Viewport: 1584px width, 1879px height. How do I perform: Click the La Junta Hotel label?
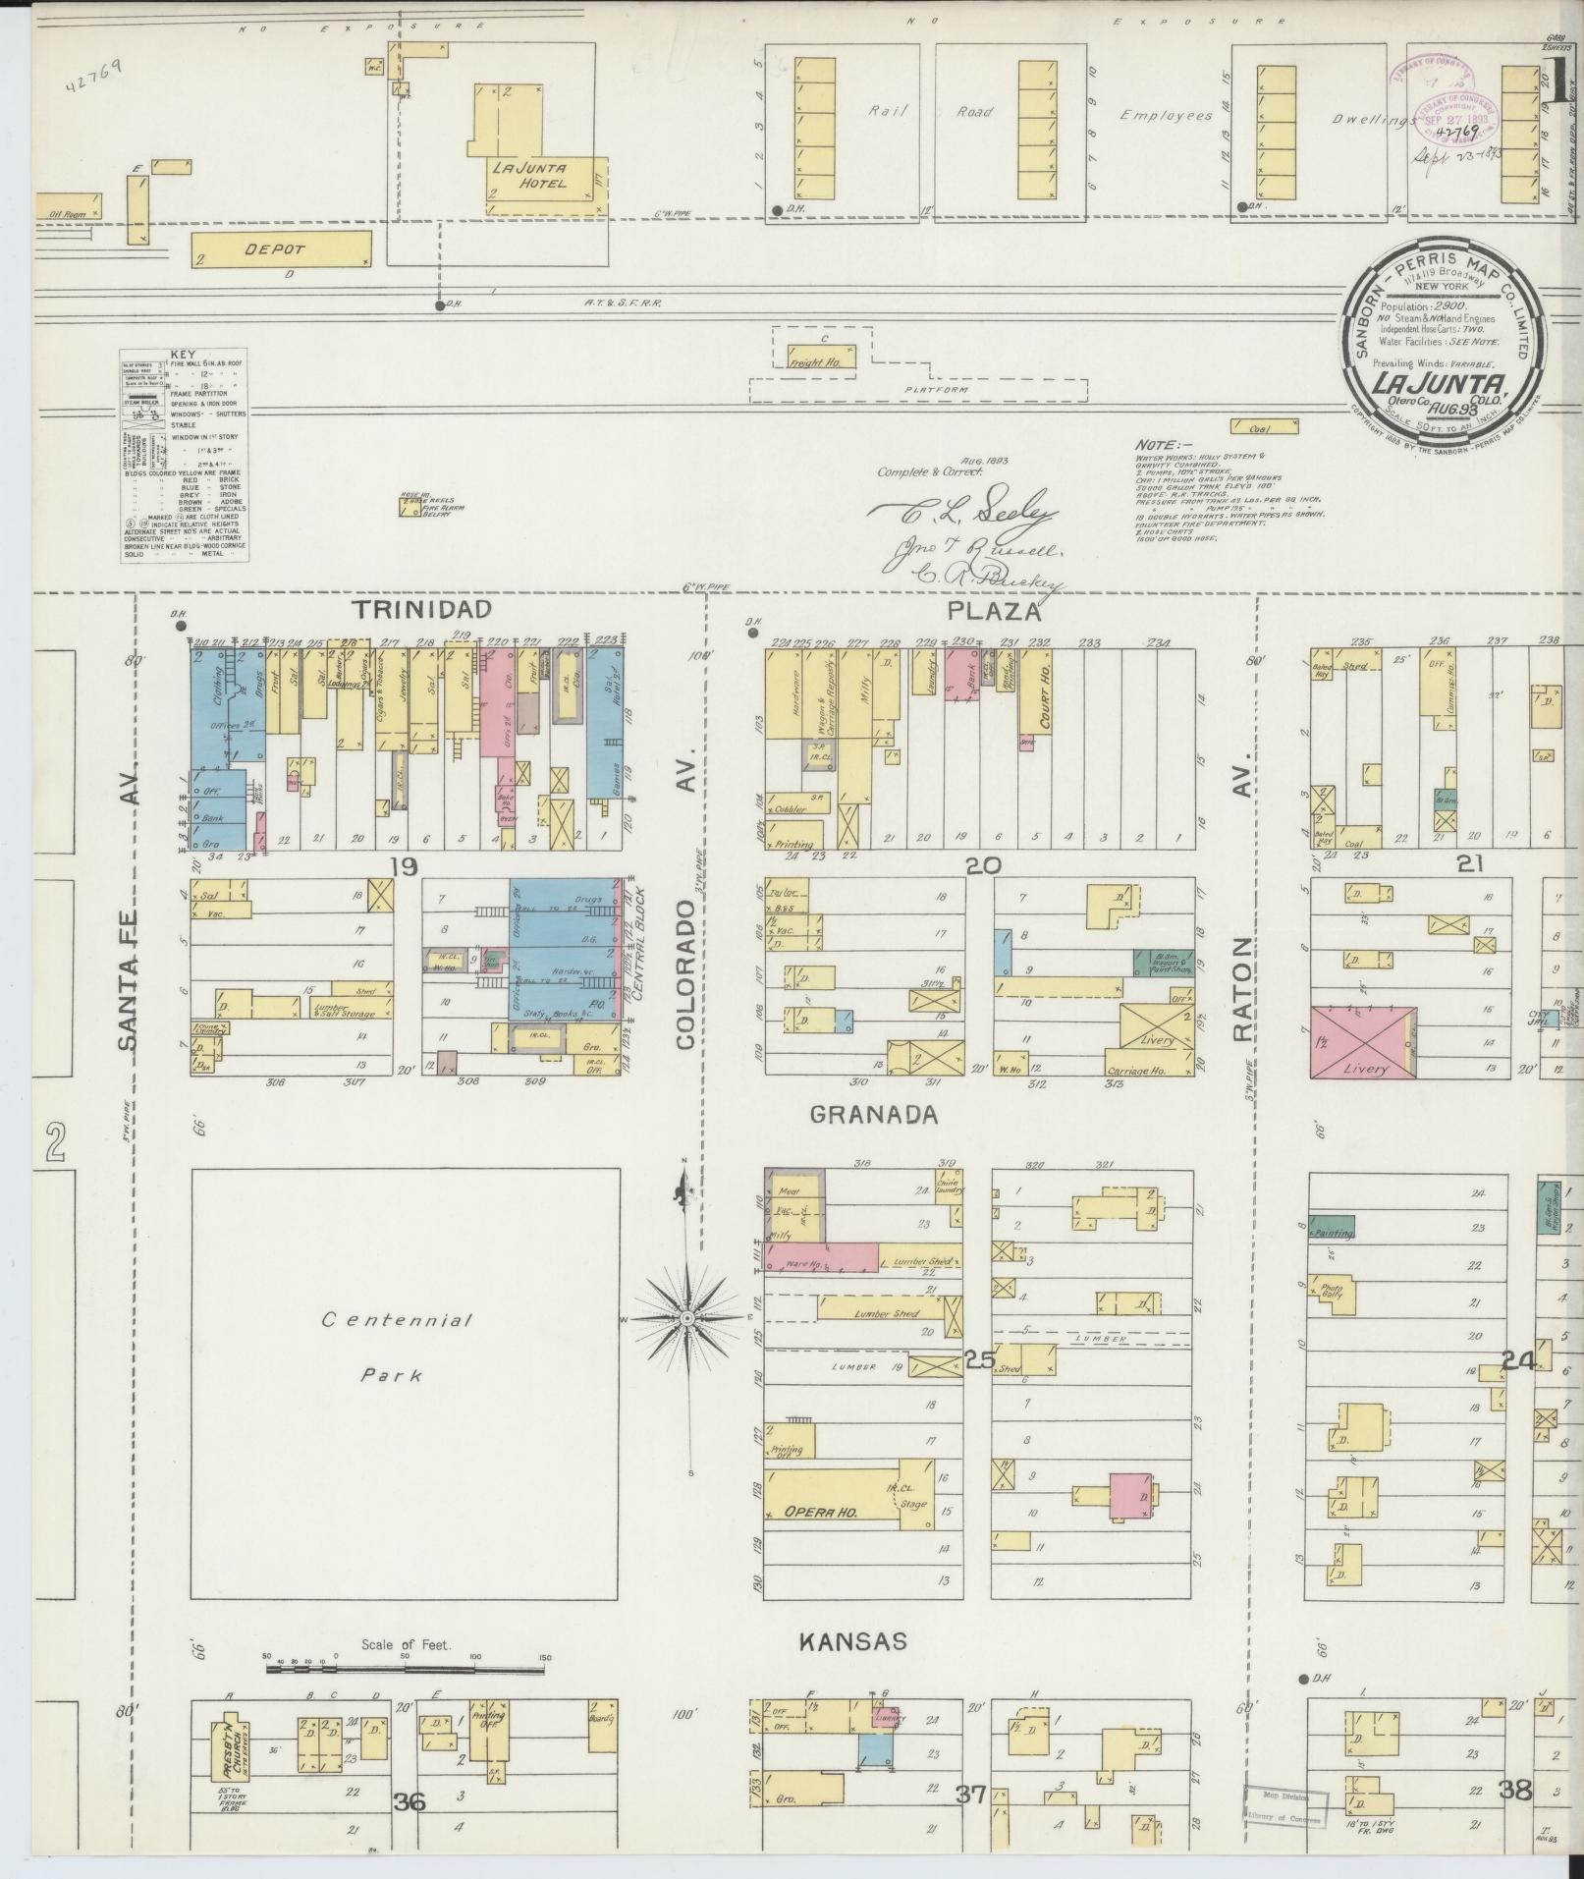click(528, 174)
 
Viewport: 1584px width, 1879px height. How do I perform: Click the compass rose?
click(687, 1315)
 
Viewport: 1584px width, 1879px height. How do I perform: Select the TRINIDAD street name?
click(422, 610)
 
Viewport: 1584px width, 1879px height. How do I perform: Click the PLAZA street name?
click(993, 612)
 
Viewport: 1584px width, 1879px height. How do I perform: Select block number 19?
click(404, 866)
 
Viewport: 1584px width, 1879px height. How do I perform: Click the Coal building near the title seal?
click(1264, 427)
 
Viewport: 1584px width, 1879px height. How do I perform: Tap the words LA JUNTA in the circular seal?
click(1440, 382)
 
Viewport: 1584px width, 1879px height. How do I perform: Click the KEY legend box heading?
click(183, 354)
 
